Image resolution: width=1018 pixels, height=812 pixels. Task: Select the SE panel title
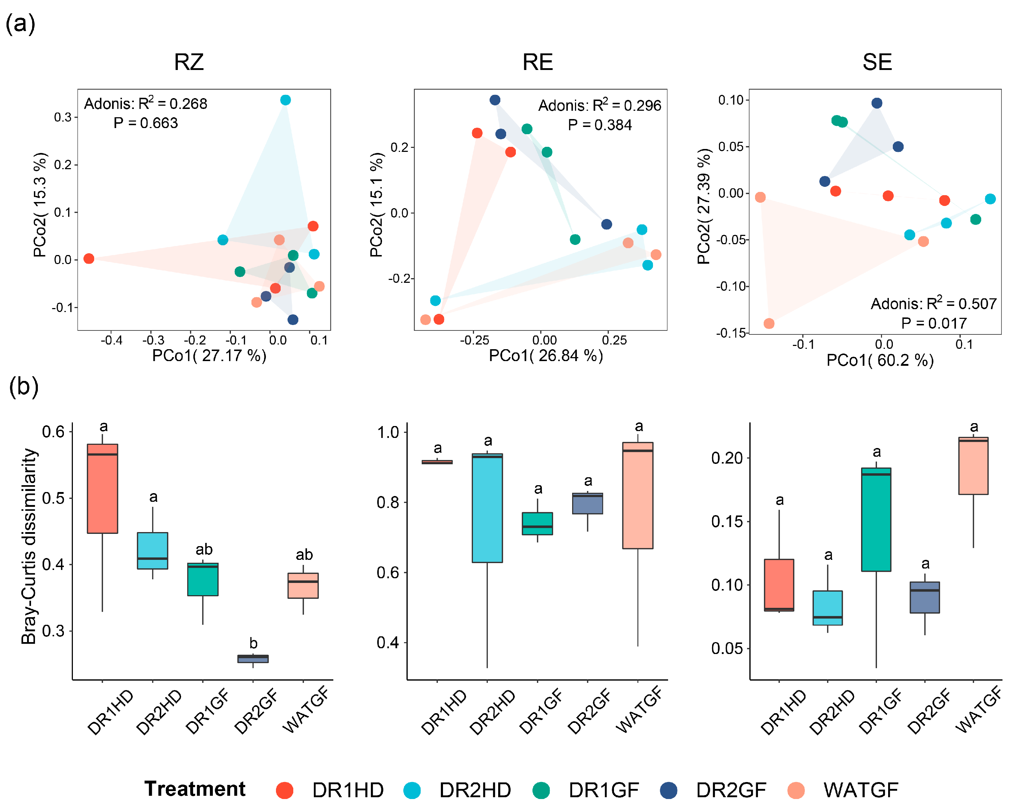877,62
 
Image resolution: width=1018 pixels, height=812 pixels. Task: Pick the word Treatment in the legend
194,789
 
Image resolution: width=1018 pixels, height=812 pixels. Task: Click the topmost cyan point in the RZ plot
285,100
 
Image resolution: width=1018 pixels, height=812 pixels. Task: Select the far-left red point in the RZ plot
89,258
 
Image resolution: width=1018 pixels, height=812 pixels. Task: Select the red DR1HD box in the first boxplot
102,489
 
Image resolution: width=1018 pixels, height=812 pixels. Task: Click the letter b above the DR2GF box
254,643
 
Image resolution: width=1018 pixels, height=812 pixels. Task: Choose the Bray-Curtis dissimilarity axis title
29,546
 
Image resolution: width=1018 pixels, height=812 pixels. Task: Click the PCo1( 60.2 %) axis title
879,360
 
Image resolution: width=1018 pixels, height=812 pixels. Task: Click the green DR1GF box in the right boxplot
876,519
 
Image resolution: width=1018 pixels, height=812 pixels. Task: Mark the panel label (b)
23,386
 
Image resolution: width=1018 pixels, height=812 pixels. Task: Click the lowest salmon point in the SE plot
769,323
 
